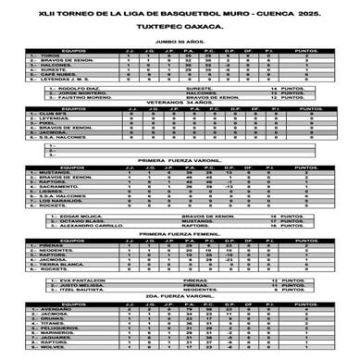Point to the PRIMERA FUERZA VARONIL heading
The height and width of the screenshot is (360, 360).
click(180, 161)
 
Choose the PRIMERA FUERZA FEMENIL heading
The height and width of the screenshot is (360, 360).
click(180, 236)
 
